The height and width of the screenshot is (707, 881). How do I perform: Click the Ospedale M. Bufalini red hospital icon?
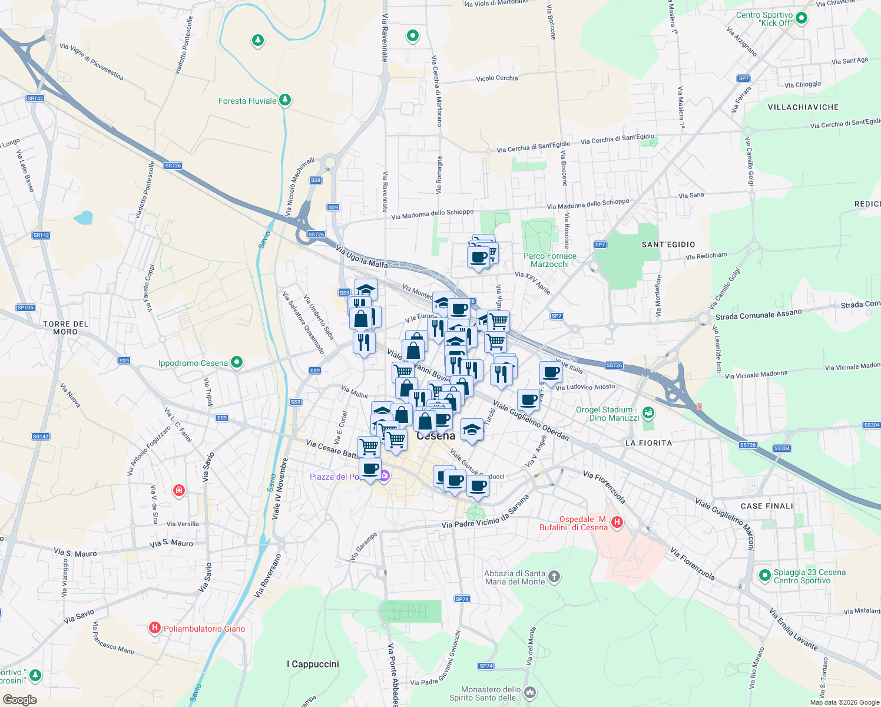pyautogui.click(x=617, y=522)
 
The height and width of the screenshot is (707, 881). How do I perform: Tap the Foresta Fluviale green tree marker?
pyautogui.click(x=285, y=100)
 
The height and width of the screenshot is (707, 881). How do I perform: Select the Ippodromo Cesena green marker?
pyautogui.click(x=237, y=362)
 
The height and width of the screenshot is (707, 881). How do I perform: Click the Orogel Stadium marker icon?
pyautogui.click(x=648, y=413)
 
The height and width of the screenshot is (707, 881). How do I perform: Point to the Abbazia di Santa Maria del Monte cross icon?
pyautogui.click(x=554, y=576)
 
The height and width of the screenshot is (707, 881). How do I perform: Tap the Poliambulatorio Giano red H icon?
pyautogui.click(x=154, y=628)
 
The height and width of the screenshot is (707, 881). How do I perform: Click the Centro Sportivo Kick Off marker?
pyautogui.click(x=801, y=19)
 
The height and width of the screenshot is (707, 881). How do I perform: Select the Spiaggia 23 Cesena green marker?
pyautogui.click(x=764, y=575)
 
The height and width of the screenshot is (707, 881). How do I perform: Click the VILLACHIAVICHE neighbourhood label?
pyautogui.click(x=803, y=107)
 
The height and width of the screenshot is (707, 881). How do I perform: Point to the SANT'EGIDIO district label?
pyautogui.click(x=668, y=245)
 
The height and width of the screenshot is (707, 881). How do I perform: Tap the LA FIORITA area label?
pyautogui.click(x=648, y=443)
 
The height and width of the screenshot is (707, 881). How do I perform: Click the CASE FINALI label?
pyautogui.click(x=767, y=506)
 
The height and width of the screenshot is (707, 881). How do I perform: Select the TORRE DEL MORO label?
pyautogui.click(x=65, y=328)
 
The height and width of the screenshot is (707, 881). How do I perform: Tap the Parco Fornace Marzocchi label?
pyautogui.click(x=550, y=260)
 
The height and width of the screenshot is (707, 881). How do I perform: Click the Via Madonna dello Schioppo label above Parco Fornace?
pyautogui.click(x=588, y=203)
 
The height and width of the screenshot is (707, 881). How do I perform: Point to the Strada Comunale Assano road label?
pyautogui.click(x=759, y=315)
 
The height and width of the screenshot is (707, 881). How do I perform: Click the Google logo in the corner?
pyautogui.click(x=20, y=700)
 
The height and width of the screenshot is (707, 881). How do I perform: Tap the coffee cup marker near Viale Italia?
pyautogui.click(x=551, y=373)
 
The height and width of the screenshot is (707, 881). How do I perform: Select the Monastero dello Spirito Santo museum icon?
pyautogui.click(x=530, y=692)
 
